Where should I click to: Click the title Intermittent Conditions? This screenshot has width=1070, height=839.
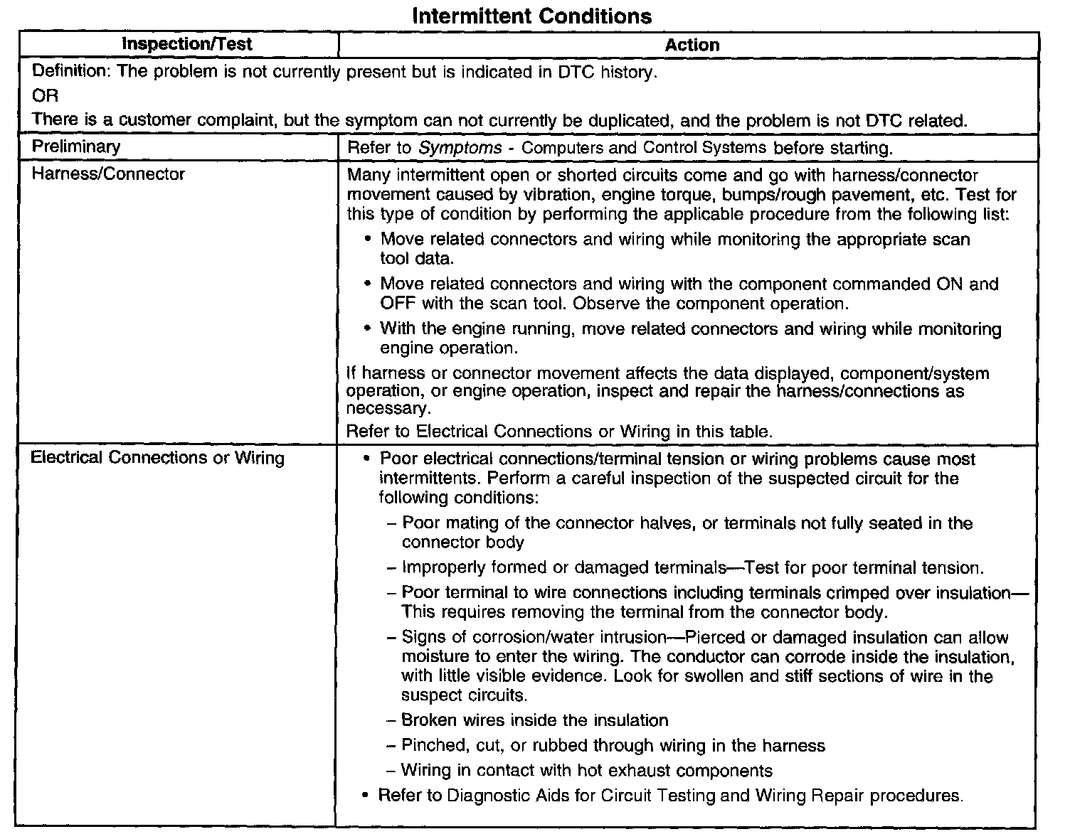(x=531, y=16)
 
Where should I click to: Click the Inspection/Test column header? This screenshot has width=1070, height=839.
(x=186, y=44)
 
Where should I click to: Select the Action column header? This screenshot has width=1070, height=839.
(x=692, y=45)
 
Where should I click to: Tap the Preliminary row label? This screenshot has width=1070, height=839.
(x=76, y=146)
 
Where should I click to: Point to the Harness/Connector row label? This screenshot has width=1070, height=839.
(x=107, y=174)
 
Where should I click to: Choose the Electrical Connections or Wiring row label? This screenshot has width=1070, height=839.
(x=157, y=457)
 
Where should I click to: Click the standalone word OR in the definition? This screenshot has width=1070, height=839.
(x=46, y=96)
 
